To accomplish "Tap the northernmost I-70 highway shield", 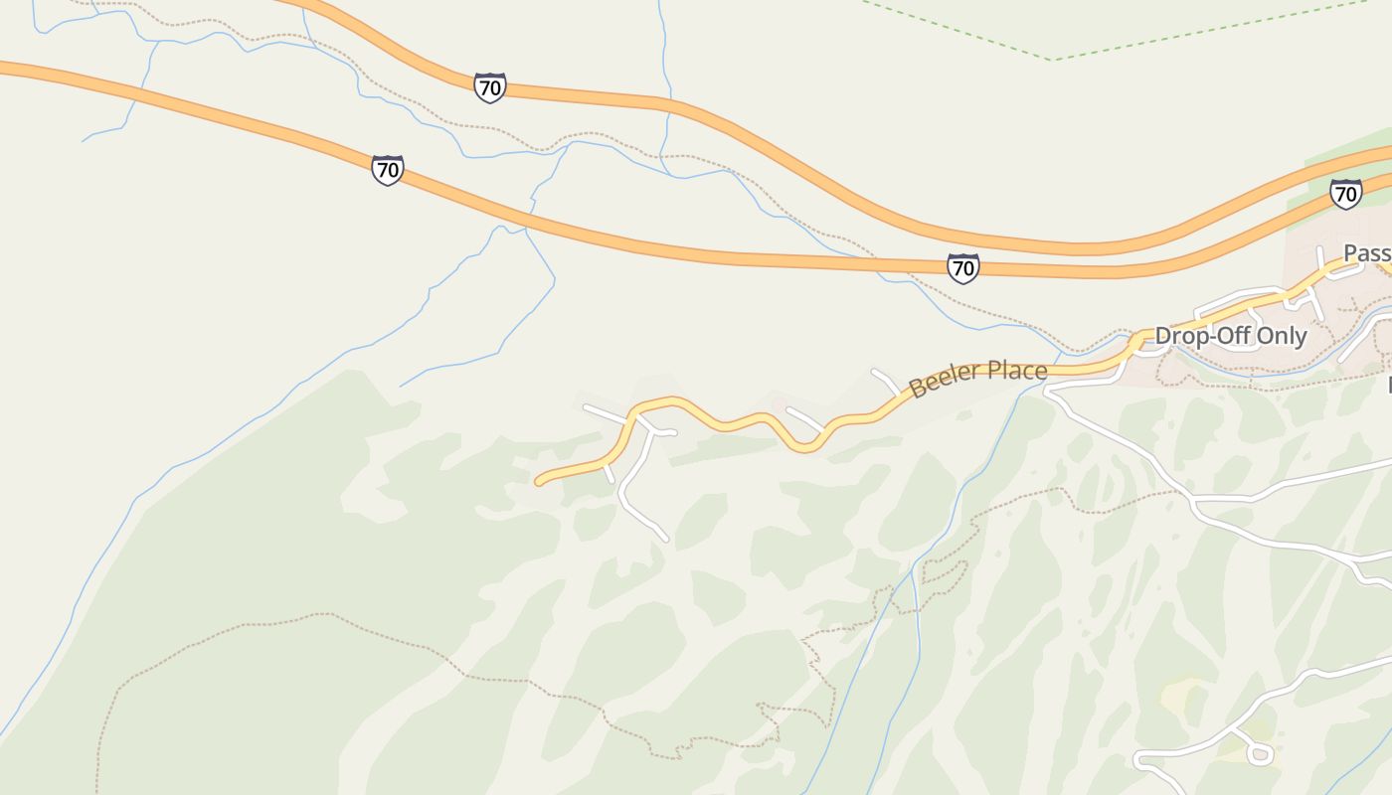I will (x=489, y=87).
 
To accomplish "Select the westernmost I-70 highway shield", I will (x=388, y=170).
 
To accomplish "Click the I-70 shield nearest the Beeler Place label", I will (x=962, y=267).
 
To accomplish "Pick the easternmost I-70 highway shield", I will (x=1345, y=194).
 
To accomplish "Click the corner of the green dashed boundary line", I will (x=1052, y=60).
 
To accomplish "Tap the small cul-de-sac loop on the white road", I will (x=1260, y=754).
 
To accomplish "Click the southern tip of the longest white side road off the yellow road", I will (x=665, y=540).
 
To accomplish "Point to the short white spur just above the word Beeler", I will (x=885, y=381).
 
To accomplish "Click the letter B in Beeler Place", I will (x=917, y=388).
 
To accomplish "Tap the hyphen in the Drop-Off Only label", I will (x=1199, y=337).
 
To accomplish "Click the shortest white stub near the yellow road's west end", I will (x=609, y=472).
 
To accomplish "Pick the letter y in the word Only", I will (x=1301, y=338).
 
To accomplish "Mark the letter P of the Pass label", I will (x=1351, y=253).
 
